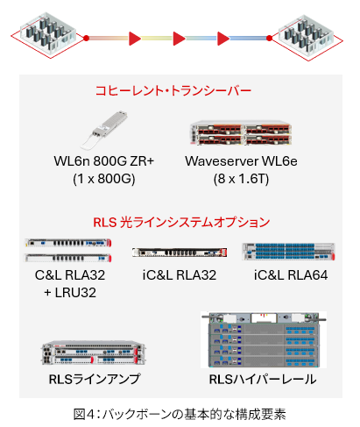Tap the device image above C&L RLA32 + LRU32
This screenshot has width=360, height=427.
point(69,251)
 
